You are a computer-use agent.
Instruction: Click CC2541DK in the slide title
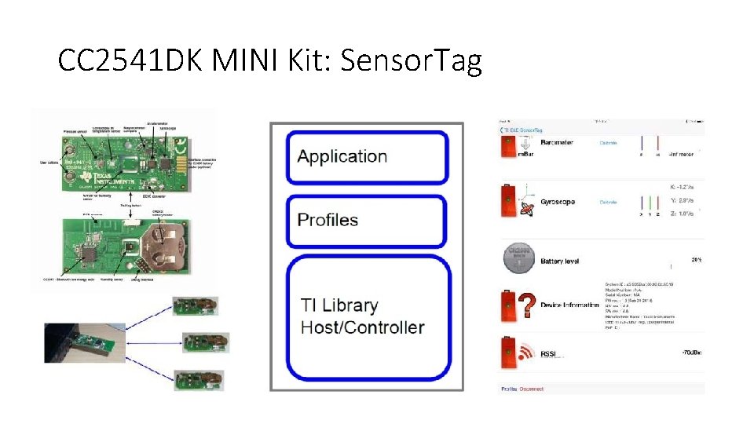(x=126, y=60)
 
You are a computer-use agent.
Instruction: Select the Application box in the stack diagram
(x=368, y=156)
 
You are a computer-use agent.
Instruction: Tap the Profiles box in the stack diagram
(x=368, y=220)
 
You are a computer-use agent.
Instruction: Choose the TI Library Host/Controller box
(x=368, y=317)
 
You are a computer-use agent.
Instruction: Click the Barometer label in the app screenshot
(x=557, y=143)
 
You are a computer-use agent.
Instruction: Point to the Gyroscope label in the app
(x=558, y=202)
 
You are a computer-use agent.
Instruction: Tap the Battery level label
(x=560, y=261)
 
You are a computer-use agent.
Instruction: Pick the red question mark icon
(x=528, y=304)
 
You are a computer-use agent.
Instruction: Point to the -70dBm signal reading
(x=692, y=354)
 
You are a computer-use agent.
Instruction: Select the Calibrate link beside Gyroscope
(x=609, y=202)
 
